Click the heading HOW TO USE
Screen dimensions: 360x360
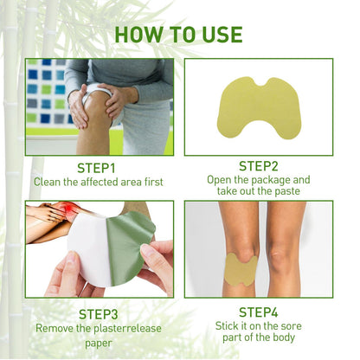coord(178,35)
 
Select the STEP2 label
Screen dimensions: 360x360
coord(260,164)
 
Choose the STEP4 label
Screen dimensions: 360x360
coord(259,311)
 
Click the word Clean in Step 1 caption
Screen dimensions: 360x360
coord(48,182)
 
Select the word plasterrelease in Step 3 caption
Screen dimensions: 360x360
coord(118,329)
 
